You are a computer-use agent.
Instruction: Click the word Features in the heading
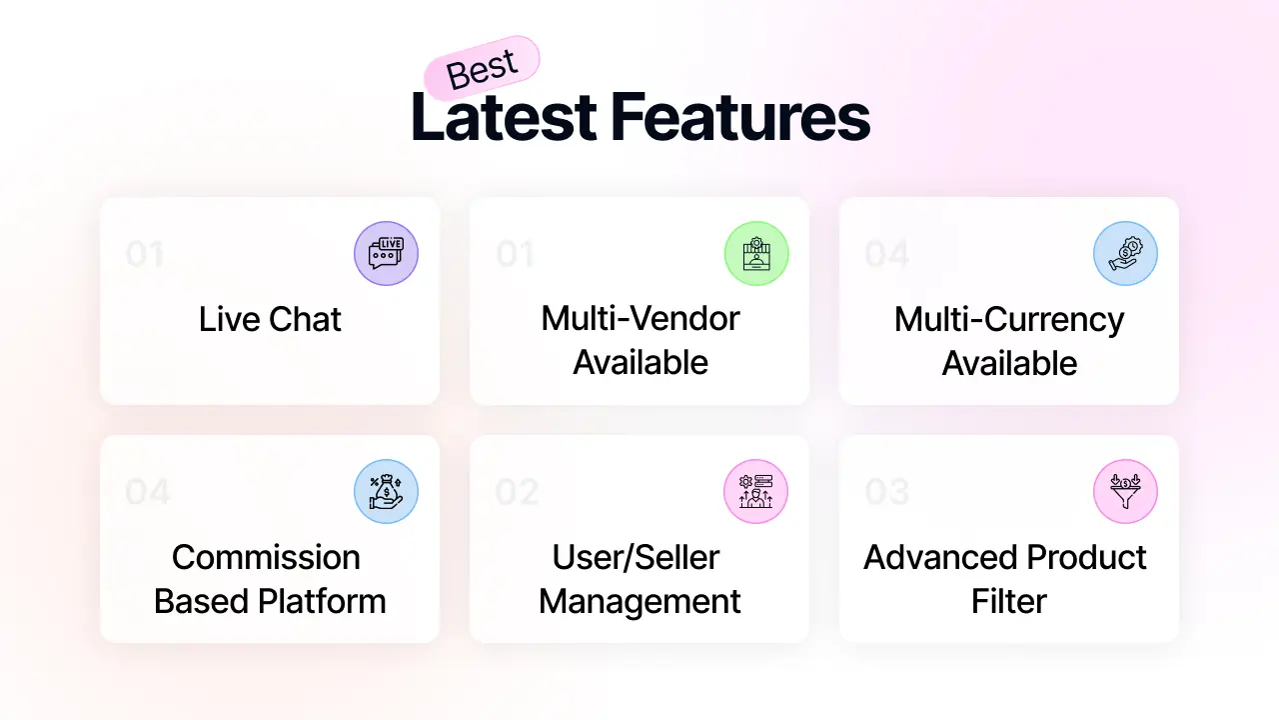point(740,117)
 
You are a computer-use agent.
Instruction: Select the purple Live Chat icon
point(386,253)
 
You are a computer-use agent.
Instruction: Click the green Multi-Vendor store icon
point(756,253)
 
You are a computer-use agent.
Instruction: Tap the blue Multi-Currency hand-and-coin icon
point(1125,253)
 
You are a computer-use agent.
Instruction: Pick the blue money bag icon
point(386,491)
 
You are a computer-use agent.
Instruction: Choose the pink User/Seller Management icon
point(756,491)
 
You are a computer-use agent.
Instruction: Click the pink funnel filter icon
point(1125,491)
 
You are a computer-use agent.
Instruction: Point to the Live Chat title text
point(270,319)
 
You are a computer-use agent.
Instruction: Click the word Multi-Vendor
point(640,318)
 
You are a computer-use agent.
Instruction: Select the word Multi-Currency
point(1009,320)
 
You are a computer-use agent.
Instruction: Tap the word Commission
point(266,557)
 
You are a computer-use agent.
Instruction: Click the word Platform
point(322,601)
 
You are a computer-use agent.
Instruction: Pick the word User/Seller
point(636,557)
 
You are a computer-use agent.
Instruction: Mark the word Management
point(639,602)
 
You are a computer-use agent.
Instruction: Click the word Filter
point(1009,601)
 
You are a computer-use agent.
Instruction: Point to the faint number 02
point(517,492)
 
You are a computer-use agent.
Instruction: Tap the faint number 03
point(886,492)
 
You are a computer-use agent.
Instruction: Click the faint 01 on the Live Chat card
point(145,254)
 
